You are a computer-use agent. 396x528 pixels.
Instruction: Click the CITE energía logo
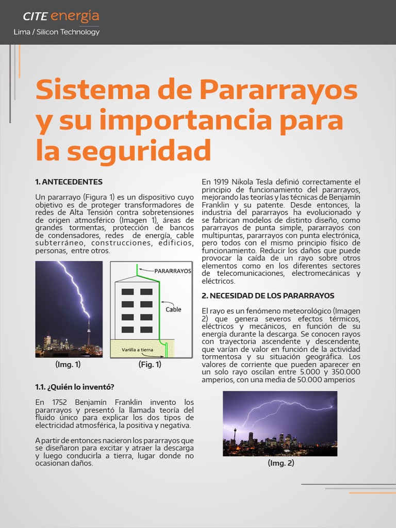point(61,16)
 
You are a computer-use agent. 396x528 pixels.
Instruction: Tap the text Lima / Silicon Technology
point(57,32)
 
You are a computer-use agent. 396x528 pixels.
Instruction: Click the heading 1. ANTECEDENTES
point(69,182)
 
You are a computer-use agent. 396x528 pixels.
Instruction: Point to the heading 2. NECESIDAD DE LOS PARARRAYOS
point(268,295)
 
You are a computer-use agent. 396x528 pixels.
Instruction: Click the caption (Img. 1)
point(68,365)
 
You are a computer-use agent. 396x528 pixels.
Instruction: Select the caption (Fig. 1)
point(150,365)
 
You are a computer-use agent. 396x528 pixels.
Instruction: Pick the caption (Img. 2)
point(280,463)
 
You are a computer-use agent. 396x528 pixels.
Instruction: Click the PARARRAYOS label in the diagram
point(173,270)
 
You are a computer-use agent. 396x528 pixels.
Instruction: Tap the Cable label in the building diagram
point(173,310)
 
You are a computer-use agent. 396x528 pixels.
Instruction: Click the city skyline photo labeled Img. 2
point(280,423)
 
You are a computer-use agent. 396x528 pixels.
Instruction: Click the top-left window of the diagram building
point(127,292)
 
